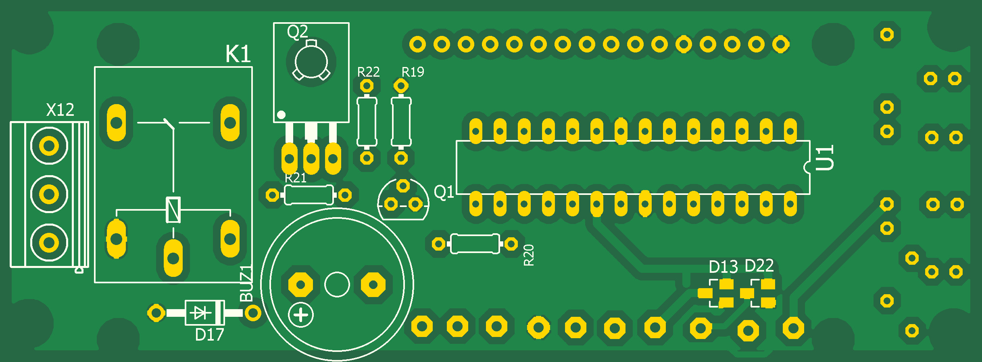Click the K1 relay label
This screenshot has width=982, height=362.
(x=238, y=54)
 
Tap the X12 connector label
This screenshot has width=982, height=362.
(x=60, y=110)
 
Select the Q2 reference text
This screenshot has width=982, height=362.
(x=297, y=32)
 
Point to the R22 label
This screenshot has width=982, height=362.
(x=368, y=72)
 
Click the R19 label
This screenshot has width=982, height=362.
(x=413, y=72)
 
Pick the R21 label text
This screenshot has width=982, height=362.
(x=296, y=178)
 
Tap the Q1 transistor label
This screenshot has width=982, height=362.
(x=444, y=192)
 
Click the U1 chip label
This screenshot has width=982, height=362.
(x=825, y=158)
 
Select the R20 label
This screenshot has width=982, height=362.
(x=529, y=255)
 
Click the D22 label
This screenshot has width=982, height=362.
(x=759, y=266)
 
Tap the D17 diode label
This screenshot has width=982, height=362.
(x=209, y=335)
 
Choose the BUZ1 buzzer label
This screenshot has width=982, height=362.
(x=246, y=283)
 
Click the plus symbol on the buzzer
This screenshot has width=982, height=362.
(x=301, y=315)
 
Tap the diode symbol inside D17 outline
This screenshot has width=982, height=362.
(x=200, y=313)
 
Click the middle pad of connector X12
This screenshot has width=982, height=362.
(x=49, y=195)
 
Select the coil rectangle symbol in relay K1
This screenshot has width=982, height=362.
(x=173, y=210)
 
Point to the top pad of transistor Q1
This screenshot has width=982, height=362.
(x=403, y=186)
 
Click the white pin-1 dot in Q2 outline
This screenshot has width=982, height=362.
(x=281, y=115)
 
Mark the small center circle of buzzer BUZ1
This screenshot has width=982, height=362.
(x=337, y=285)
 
